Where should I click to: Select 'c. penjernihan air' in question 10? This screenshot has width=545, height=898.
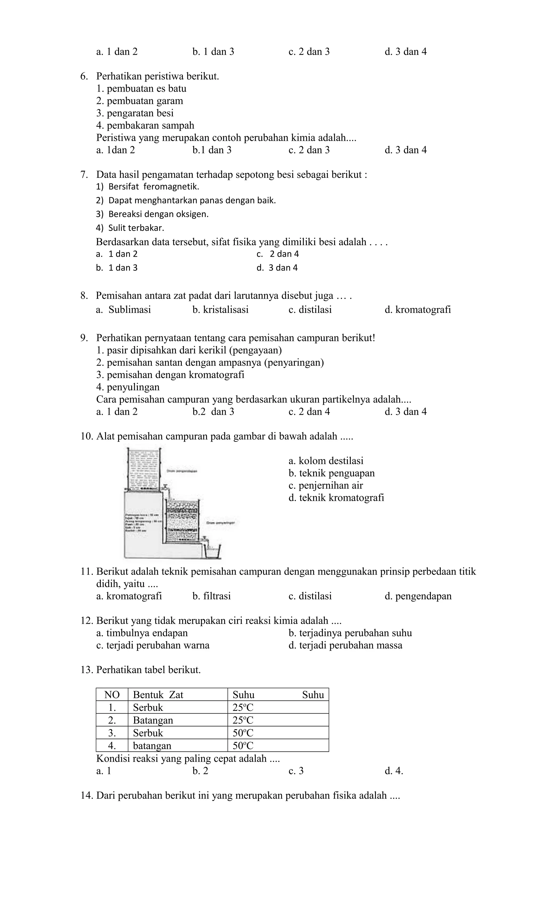pyautogui.click(x=325, y=485)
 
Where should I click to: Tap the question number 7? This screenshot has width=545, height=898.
pyautogui.click(x=84, y=175)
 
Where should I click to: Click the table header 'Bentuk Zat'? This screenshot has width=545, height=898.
pyautogui.click(x=158, y=695)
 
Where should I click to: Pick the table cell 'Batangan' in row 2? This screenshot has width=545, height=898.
pyautogui.click(x=153, y=720)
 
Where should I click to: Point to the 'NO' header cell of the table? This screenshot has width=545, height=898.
pyautogui.click(x=112, y=695)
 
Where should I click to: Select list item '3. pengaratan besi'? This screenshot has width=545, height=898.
pyautogui.click(x=135, y=113)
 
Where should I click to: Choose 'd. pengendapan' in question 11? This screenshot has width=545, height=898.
pyautogui.click(x=418, y=596)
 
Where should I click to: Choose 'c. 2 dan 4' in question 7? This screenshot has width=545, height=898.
pyautogui.click(x=278, y=254)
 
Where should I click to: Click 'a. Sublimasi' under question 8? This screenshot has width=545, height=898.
pyautogui.click(x=123, y=310)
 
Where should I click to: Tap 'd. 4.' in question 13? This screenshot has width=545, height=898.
pyautogui.click(x=394, y=771)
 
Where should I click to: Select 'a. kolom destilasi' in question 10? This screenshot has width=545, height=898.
pyautogui.click(x=326, y=461)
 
